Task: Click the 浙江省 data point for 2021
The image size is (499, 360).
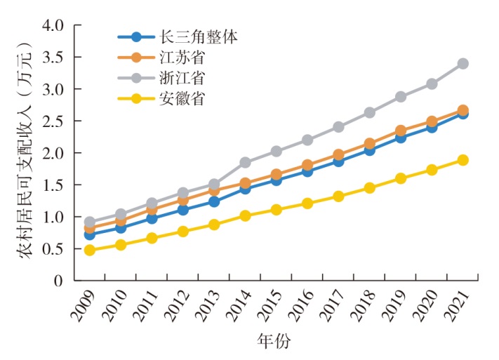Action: [x=463, y=64]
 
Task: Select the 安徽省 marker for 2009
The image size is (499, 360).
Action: [x=89, y=250]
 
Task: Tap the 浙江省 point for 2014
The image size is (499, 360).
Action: [x=245, y=162]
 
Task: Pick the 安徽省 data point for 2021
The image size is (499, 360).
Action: [x=463, y=160]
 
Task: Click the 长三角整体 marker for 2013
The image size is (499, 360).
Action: [x=214, y=202]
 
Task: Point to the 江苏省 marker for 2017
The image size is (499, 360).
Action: [x=338, y=154]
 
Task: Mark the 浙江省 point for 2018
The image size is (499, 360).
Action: [x=370, y=112]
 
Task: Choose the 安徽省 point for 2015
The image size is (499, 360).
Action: [x=276, y=209]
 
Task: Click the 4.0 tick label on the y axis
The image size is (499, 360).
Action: [x=53, y=26]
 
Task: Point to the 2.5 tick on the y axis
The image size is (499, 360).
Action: [x=53, y=121]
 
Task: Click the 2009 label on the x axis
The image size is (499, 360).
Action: [x=82, y=306]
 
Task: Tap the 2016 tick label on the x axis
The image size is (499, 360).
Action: [x=300, y=306]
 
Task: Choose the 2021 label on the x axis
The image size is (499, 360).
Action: [x=456, y=306]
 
